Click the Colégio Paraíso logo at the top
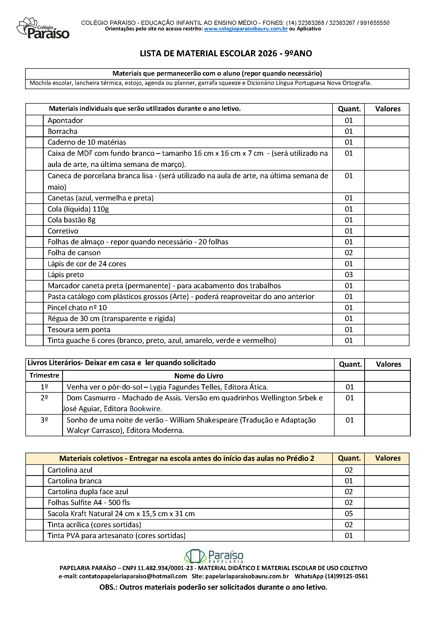(43, 28)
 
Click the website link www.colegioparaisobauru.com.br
(246, 29)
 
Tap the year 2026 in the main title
(267, 53)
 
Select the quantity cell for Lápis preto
(348, 275)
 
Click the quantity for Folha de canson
(348, 253)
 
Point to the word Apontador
(65, 121)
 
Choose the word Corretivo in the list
(63, 231)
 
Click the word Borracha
(62, 131)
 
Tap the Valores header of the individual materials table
(387, 109)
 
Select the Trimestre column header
(44, 375)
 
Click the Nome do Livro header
(199, 376)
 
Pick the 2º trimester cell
(44, 398)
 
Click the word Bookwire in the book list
(145, 409)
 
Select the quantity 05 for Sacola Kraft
(348, 513)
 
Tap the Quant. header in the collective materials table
(349, 458)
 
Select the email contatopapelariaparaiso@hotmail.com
(133, 576)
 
